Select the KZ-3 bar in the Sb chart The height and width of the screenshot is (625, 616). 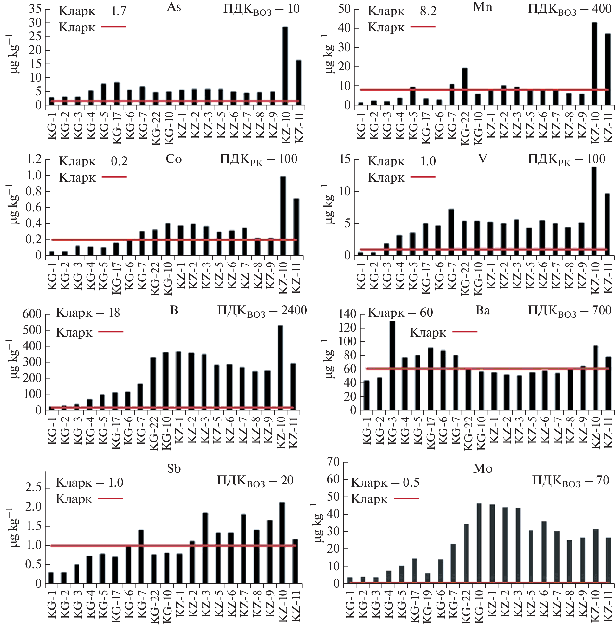click(x=205, y=548)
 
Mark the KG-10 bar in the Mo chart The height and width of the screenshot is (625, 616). click(x=479, y=543)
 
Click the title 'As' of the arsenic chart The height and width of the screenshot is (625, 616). click(x=174, y=7)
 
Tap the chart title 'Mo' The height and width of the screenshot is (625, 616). click(x=482, y=468)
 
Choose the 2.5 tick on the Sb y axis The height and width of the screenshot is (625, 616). click(x=33, y=488)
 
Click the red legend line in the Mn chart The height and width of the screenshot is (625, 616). click(x=423, y=27)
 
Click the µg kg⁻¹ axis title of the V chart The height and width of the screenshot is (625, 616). click(x=329, y=204)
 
